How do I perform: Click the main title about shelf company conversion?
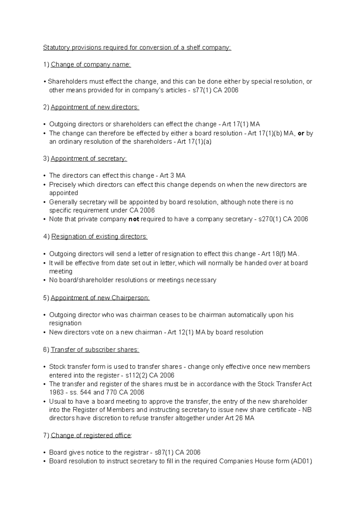(137, 48)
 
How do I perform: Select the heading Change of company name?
(91, 65)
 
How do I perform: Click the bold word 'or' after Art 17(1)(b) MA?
(301, 133)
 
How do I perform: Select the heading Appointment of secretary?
(89, 159)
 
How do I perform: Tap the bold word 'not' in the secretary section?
(133, 219)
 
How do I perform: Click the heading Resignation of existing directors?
(99, 237)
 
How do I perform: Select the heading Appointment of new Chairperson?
(100, 298)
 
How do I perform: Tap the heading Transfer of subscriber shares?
(95, 350)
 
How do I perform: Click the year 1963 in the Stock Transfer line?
(56, 392)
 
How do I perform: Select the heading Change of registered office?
(91, 436)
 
